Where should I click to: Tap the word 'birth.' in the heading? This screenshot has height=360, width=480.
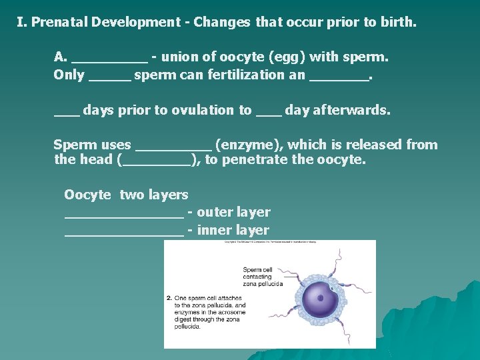click(398, 22)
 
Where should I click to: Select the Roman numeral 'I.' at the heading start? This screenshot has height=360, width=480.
click(22, 22)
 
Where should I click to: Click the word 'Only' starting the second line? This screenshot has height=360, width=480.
click(69, 75)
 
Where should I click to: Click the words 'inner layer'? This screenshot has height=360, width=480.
click(233, 231)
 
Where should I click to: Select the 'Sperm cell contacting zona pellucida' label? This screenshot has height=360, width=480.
click(263, 277)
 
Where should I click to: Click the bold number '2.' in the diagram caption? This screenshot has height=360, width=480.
click(169, 298)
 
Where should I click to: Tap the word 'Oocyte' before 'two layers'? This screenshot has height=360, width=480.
click(87, 195)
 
